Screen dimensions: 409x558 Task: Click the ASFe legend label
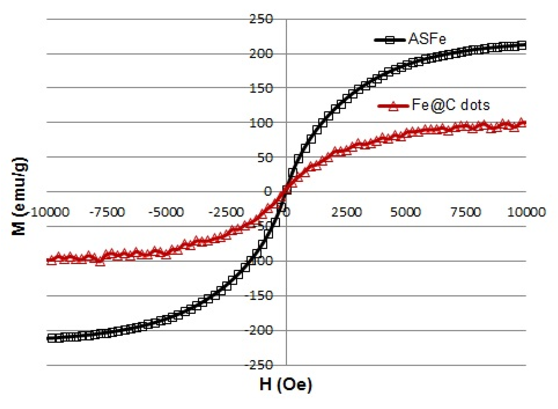point(427,39)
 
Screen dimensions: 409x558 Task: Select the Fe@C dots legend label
point(451,105)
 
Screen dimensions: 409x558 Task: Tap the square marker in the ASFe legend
point(390,40)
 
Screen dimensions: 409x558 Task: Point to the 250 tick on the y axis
point(261,19)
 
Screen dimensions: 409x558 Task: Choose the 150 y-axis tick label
point(261,88)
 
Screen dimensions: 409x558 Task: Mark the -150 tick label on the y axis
point(259,296)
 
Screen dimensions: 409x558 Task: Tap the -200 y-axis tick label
point(259,330)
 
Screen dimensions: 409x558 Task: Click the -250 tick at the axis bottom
point(259,365)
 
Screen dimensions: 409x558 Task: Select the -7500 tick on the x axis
point(107,212)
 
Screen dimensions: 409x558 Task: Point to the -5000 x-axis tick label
point(166,212)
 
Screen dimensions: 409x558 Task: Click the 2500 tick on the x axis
point(347,212)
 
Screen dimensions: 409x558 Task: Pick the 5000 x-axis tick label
point(406,212)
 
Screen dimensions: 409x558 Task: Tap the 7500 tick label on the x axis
point(466,212)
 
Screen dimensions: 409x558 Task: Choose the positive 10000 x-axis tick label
point(526,212)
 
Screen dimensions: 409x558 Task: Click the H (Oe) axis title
point(286,385)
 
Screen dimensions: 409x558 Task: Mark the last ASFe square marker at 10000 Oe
point(522,46)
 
